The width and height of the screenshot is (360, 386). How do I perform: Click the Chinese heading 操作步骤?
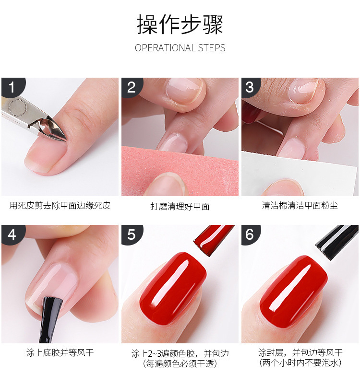coord(180,24)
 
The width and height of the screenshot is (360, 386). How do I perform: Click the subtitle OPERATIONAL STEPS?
coord(180,48)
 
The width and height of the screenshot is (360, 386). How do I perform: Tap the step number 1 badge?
coord(12,87)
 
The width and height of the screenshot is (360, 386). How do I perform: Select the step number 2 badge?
coord(132,87)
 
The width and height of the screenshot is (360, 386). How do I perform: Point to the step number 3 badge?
coord(250,87)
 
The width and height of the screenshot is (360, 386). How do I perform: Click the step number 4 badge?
coord(12,234)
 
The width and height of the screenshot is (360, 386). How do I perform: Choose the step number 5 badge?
coord(132,234)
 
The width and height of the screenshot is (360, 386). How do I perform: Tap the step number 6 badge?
coord(250,234)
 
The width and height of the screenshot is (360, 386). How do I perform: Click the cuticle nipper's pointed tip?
coord(66,140)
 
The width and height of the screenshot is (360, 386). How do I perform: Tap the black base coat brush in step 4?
coord(50,320)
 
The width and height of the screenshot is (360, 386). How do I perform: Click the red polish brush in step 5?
coord(213,240)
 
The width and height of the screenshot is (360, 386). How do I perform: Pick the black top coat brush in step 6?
coord(336,242)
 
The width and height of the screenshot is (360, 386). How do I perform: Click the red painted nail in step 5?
coord(172,289)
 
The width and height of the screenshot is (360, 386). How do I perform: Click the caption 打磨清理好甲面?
coord(180,206)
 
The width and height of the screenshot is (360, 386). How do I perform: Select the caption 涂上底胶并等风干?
coord(60,353)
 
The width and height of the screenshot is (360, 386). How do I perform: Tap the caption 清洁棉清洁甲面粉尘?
coord(300,206)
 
